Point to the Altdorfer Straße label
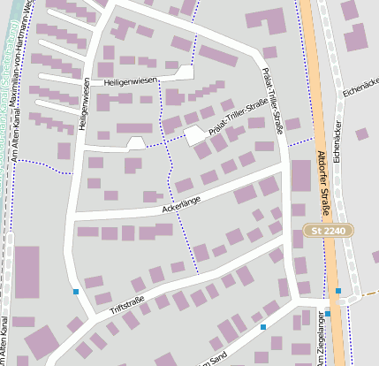pos(322,183)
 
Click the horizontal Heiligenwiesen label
pos(130,80)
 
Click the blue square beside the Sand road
pos(262,327)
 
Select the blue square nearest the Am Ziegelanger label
pos(328,313)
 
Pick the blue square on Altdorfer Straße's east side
pos(338,290)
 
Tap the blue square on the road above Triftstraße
pos(76,291)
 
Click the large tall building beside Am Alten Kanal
pos(27,271)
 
